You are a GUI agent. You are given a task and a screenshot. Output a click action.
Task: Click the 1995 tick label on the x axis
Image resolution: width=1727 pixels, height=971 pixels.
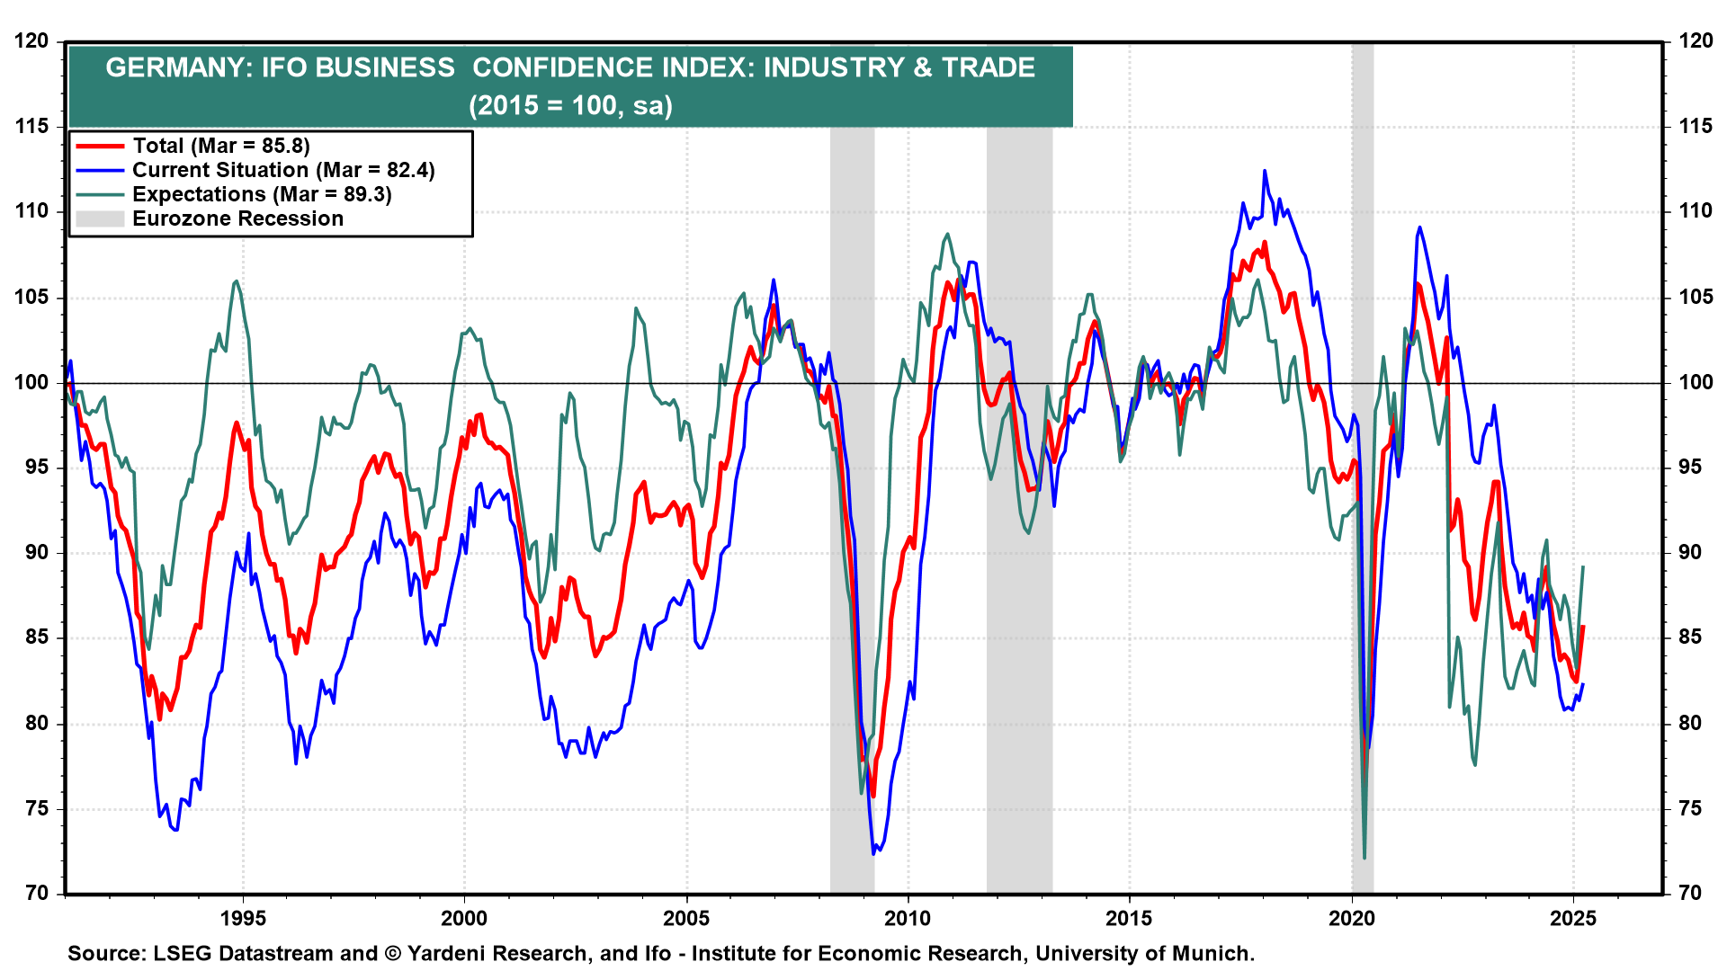243,918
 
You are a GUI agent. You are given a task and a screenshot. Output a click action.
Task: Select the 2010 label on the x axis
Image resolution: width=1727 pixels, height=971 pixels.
908,918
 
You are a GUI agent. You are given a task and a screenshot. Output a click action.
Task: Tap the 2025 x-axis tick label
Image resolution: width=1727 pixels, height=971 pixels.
1573,918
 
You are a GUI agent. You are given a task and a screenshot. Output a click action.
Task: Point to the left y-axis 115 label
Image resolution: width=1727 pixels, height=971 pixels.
31,127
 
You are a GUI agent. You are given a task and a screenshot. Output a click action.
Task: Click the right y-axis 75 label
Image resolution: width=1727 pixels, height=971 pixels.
1696,809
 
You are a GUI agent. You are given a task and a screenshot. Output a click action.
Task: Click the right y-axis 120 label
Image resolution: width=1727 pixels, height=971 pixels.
1696,41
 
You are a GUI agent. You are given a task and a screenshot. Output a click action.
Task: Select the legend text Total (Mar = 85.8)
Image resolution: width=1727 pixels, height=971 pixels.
220,146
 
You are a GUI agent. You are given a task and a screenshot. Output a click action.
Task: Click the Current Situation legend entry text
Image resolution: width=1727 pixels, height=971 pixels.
283,170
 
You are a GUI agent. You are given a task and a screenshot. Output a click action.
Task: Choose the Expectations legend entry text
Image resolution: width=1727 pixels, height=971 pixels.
262,194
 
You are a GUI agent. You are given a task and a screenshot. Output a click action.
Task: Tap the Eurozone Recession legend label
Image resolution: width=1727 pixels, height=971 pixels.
237,218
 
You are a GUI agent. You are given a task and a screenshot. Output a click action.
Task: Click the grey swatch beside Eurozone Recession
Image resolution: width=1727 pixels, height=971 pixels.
99,218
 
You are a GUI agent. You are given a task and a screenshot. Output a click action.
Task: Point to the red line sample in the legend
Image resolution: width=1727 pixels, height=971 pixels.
99,146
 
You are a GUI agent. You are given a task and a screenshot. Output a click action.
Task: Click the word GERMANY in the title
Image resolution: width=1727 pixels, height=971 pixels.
175,67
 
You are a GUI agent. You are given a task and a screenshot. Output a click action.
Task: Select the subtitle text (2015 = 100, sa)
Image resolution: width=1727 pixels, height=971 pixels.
570,105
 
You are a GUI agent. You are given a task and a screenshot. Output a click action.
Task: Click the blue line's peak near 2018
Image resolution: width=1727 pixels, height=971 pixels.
1265,171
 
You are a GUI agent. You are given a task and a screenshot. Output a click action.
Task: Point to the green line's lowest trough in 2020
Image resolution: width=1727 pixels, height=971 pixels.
1365,857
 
